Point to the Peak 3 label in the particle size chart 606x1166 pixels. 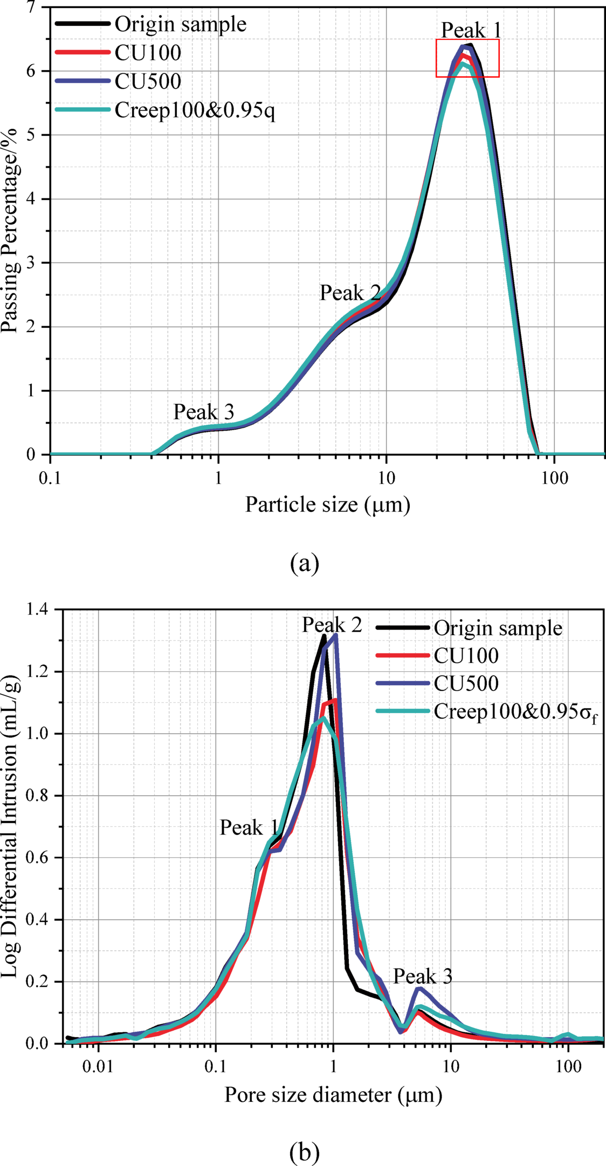[x=203, y=412]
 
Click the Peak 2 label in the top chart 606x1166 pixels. [x=350, y=293]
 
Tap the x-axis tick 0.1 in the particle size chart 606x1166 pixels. [x=50, y=478]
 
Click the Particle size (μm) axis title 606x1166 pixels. [x=327, y=505]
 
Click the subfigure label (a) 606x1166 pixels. [x=304, y=563]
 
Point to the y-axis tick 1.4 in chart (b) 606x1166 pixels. [x=39, y=610]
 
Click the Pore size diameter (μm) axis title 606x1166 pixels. [x=333, y=1095]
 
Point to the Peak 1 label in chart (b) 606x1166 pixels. [x=249, y=828]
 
